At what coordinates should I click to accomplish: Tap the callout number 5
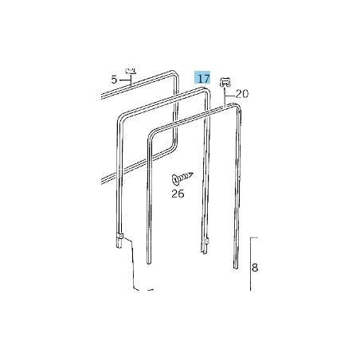(114, 80)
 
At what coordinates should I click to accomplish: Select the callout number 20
(242, 94)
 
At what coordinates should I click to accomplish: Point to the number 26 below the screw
(178, 194)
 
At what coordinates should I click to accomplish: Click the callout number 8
(255, 268)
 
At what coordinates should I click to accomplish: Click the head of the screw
(175, 180)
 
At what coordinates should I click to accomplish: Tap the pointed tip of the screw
(192, 174)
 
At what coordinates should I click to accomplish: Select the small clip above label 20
(225, 82)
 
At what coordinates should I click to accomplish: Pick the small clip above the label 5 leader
(131, 70)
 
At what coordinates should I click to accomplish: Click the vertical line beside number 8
(251, 264)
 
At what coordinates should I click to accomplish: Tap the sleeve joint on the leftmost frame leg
(119, 236)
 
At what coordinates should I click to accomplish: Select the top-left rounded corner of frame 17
(120, 116)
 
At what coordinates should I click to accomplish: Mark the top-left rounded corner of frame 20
(151, 133)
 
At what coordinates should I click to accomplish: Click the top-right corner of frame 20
(238, 107)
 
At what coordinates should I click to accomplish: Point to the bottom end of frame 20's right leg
(236, 268)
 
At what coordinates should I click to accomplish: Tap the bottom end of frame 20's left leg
(149, 263)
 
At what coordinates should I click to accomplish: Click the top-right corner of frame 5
(175, 74)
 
